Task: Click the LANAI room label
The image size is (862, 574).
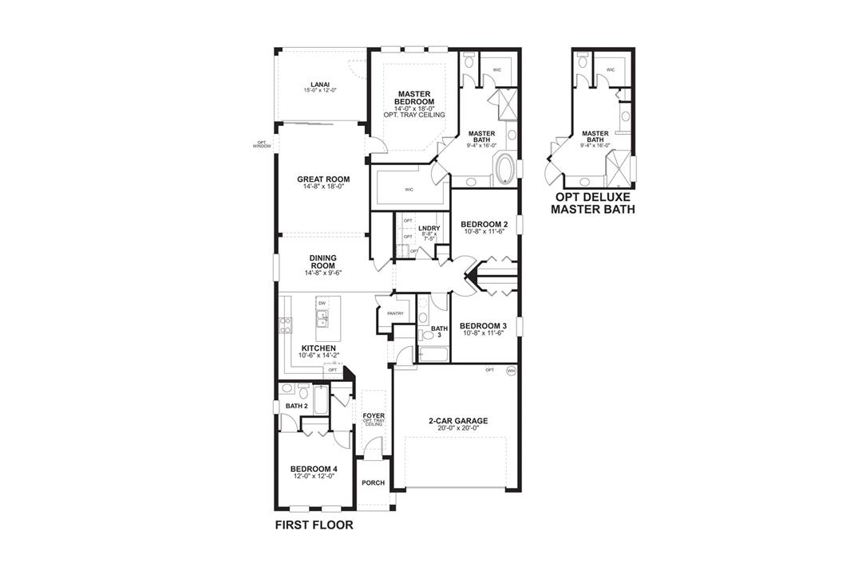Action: pyautogui.click(x=319, y=85)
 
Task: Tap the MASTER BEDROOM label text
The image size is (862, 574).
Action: pyautogui.click(x=415, y=98)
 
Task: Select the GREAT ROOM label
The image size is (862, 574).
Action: pyautogui.click(x=323, y=179)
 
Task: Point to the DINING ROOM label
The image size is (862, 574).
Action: pyautogui.click(x=323, y=261)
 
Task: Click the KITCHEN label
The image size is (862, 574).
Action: pyautogui.click(x=318, y=348)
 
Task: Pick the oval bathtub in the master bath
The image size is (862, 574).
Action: pyautogui.click(x=506, y=170)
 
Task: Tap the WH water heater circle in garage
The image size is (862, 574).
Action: pyautogui.click(x=511, y=370)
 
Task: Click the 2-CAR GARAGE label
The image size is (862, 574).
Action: pyautogui.click(x=457, y=421)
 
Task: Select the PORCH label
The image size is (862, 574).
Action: pyautogui.click(x=373, y=483)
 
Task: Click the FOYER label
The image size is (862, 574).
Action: pyautogui.click(x=374, y=415)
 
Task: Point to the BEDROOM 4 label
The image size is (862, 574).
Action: pyautogui.click(x=313, y=469)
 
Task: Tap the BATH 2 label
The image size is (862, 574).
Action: pyautogui.click(x=297, y=407)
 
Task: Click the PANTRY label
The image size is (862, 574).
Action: pyautogui.click(x=395, y=313)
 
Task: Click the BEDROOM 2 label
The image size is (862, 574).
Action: pyautogui.click(x=484, y=224)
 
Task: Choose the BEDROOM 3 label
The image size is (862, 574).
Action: pyautogui.click(x=483, y=325)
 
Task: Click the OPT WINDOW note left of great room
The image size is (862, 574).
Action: pyautogui.click(x=262, y=145)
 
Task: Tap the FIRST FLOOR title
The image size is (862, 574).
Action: pyautogui.click(x=314, y=525)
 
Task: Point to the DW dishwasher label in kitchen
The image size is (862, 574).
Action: pyautogui.click(x=322, y=304)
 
